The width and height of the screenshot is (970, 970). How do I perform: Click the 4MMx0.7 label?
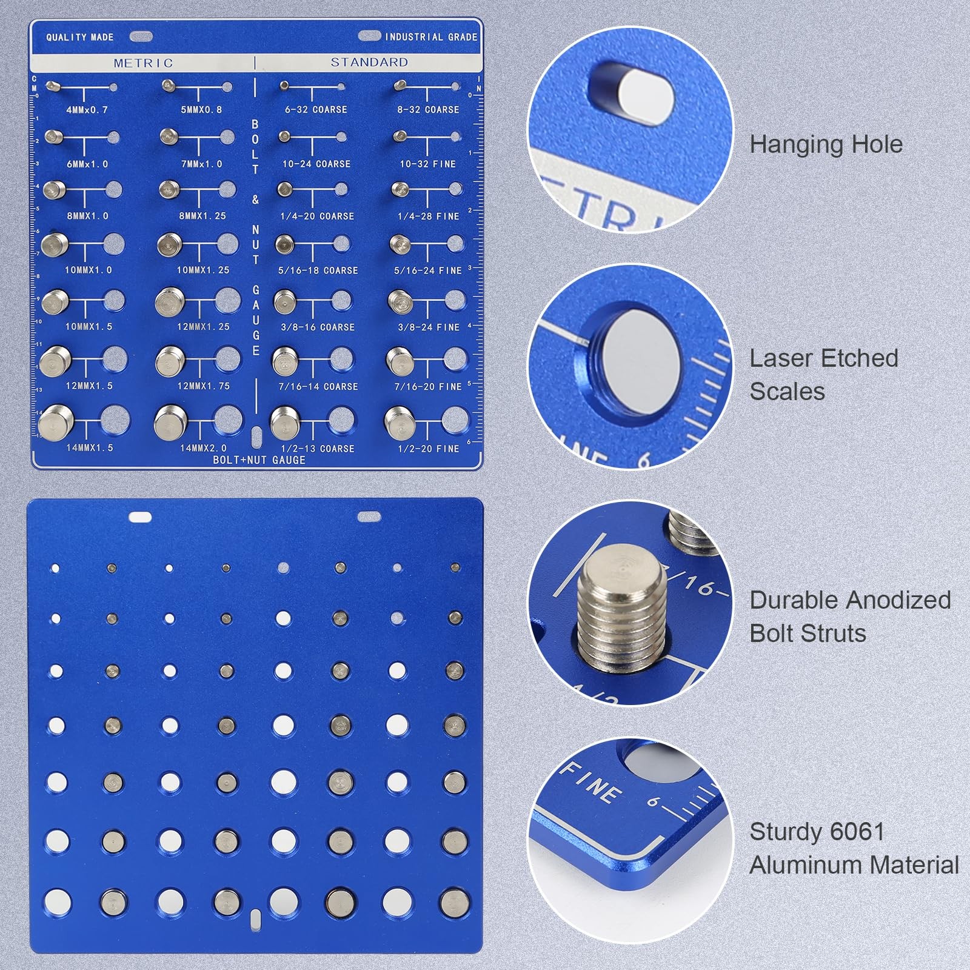[x=87, y=110]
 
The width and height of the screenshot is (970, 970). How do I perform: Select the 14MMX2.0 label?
[x=203, y=449]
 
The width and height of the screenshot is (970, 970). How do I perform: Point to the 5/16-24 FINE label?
[x=428, y=270]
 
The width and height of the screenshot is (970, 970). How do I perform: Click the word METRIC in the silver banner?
[x=143, y=63]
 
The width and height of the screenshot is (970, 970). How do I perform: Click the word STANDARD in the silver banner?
[x=369, y=62]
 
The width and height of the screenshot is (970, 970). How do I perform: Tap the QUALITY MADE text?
[x=80, y=38]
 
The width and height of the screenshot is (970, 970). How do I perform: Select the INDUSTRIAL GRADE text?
[x=431, y=37]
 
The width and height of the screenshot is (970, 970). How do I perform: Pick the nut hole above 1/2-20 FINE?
[x=454, y=420]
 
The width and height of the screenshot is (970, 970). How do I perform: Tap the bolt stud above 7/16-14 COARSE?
[x=284, y=362]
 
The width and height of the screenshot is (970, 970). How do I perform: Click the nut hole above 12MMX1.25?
[x=227, y=300]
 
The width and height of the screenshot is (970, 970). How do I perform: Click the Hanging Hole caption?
[x=826, y=144]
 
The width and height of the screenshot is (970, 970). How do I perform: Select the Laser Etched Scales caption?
[x=823, y=375]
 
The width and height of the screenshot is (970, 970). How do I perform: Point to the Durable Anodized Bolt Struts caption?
[x=849, y=617]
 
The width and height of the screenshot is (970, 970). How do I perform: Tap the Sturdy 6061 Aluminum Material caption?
[x=854, y=848]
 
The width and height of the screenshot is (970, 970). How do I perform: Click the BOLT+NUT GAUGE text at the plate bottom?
[x=259, y=460]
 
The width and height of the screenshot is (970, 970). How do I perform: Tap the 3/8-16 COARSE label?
[x=318, y=327]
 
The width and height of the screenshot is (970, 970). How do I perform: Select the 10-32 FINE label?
[x=427, y=164]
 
